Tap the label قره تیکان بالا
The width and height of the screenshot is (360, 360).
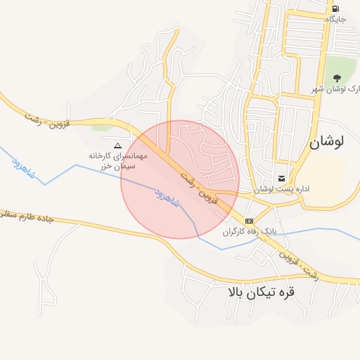click(258, 292)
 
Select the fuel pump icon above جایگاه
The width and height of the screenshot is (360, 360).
click(335, 8)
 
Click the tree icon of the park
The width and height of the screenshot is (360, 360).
click(336, 78)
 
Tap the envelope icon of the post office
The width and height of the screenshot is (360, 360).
click(282, 178)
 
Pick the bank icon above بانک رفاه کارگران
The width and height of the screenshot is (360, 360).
click(250, 221)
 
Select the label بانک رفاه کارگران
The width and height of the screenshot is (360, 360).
click(250, 231)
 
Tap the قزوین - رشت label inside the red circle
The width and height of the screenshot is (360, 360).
click(206, 187)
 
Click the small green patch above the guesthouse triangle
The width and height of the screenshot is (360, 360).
click(101, 127)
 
